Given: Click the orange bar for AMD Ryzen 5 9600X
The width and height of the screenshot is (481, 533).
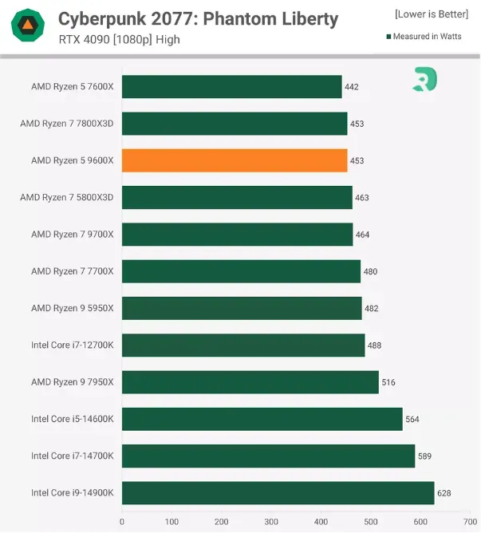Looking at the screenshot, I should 235,160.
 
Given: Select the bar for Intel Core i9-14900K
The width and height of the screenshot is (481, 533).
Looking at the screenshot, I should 278,492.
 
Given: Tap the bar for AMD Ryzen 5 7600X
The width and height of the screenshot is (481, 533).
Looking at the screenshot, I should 231,87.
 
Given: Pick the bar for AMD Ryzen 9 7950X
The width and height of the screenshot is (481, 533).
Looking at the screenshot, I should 250,382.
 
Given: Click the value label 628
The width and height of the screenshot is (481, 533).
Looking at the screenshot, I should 444,493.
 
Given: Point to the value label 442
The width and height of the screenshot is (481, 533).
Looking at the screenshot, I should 352,87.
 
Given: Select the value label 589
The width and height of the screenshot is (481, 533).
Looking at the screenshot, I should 424,456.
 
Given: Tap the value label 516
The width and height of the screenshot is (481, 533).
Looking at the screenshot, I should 388,382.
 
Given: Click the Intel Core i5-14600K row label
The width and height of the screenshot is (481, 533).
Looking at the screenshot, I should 73,419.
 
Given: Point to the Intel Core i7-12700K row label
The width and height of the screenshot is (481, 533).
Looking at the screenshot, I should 73,345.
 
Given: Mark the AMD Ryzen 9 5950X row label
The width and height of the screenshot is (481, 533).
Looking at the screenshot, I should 73,308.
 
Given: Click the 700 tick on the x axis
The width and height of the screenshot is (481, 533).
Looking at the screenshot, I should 470,522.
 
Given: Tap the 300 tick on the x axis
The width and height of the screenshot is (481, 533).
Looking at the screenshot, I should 271,522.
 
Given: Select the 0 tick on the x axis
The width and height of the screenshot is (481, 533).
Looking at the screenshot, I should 122,522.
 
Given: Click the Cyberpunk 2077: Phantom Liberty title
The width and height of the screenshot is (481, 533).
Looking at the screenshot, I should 198,19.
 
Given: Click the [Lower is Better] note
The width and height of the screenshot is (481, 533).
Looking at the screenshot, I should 431,14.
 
